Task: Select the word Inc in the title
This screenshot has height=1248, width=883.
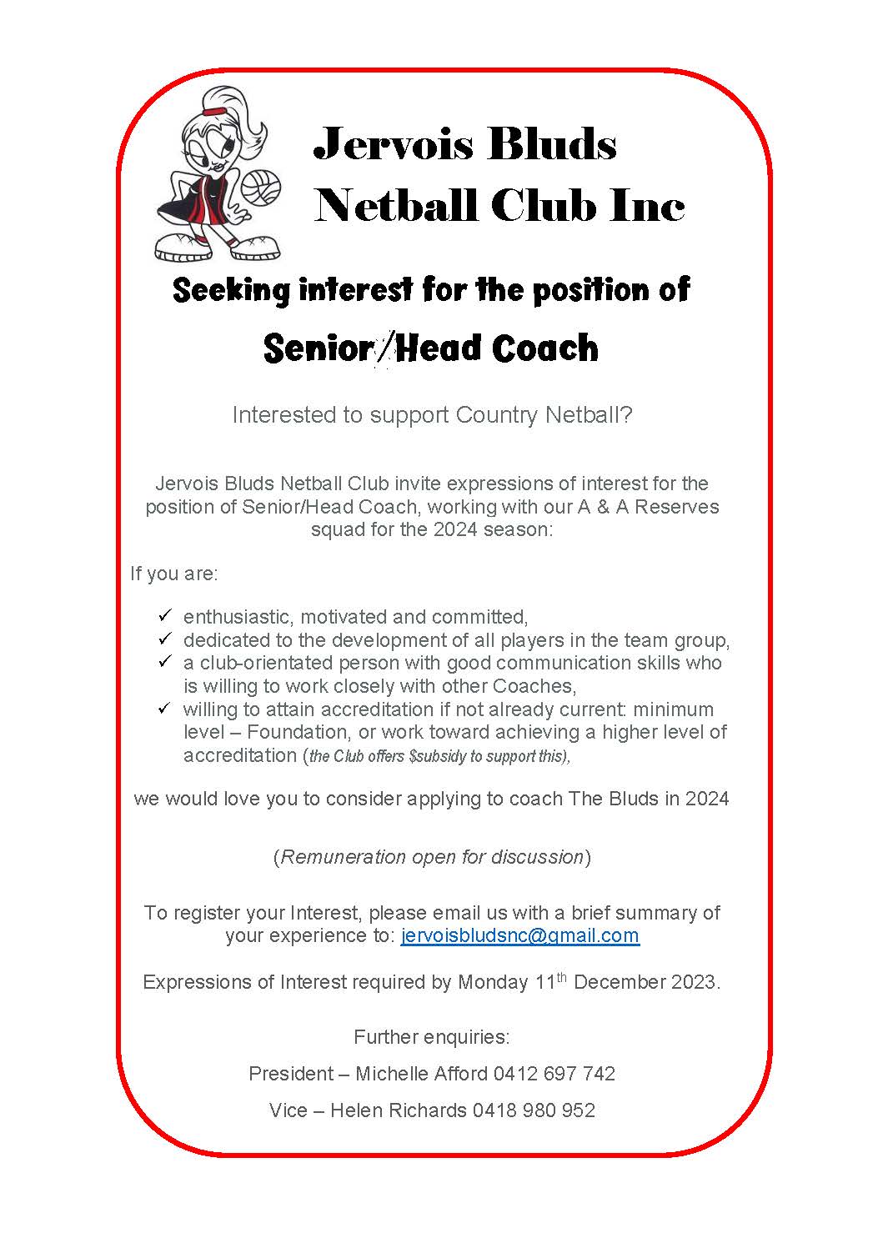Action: coord(647,205)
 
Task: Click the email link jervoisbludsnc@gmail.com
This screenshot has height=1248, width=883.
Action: coord(519,935)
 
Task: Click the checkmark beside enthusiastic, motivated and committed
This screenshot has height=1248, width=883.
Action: coord(164,616)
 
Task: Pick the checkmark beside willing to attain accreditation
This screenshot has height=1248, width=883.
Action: coord(164,709)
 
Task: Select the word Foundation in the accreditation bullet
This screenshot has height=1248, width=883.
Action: coord(298,732)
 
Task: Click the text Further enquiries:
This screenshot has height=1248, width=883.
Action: coord(431,1037)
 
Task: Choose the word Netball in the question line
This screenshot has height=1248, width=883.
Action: coord(589,414)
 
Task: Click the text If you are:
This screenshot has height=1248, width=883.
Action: coord(173,574)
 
